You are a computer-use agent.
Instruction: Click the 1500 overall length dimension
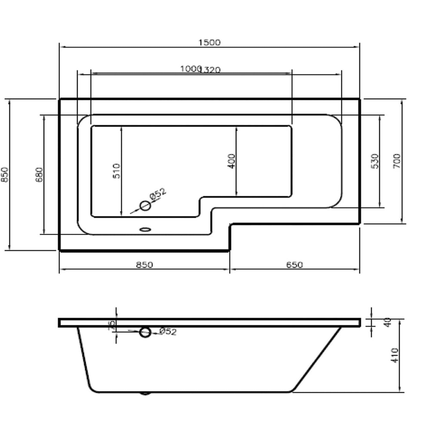click(209, 42)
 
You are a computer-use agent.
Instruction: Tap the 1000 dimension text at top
click(190, 69)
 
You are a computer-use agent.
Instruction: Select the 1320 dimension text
click(211, 70)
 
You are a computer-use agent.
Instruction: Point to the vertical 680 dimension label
click(39, 174)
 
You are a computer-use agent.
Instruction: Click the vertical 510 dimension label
click(116, 171)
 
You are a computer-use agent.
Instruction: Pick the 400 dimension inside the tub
click(231, 161)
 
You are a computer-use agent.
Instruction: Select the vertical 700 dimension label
click(397, 161)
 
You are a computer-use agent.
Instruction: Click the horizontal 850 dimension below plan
click(144, 265)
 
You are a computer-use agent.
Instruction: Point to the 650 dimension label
click(294, 265)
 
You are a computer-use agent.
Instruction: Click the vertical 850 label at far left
click(5, 174)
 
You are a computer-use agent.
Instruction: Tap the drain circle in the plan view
click(145, 206)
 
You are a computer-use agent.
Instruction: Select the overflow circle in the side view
click(145, 332)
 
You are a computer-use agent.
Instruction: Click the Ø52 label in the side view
click(168, 332)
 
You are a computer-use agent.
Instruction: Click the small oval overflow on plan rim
click(145, 230)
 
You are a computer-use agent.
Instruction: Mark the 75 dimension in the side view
click(113, 326)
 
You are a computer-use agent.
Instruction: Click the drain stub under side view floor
click(145, 393)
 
